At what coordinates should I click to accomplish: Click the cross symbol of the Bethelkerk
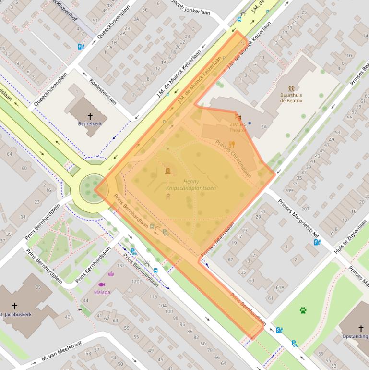coord(90,116)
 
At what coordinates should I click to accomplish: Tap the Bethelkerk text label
coord(90,123)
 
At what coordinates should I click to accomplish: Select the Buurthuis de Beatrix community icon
coord(291,88)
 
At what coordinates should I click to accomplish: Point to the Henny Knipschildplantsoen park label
coord(190,185)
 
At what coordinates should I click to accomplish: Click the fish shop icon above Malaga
coord(102,284)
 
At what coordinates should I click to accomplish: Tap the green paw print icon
coord(303,310)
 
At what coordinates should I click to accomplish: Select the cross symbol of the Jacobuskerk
coord(14,306)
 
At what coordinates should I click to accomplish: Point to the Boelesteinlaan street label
coord(103,92)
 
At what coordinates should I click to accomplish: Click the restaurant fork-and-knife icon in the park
coord(232,144)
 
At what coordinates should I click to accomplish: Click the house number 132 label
coord(121,266)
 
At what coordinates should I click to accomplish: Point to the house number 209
coord(289,191)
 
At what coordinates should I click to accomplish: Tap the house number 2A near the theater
coord(263,126)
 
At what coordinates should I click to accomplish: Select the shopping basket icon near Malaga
coord(112,274)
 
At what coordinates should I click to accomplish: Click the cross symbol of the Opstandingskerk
coord(361,329)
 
